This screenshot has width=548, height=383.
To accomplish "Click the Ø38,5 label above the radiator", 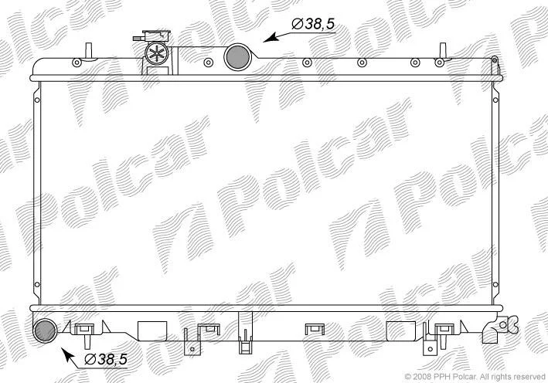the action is [313, 24].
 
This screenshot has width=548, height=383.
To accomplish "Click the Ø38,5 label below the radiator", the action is [106, 359].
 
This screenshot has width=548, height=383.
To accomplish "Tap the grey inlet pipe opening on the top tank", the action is [237, 56].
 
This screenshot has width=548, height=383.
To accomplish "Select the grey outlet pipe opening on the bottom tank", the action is [45, 330].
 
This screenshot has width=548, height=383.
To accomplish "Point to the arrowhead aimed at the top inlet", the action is [270, 38].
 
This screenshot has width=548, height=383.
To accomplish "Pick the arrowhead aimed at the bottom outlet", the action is [67, 354].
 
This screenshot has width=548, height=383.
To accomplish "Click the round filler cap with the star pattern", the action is [157, 53].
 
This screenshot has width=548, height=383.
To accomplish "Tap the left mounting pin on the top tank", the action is [89, 50].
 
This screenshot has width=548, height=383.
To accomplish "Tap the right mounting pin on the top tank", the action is [443, 50].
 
